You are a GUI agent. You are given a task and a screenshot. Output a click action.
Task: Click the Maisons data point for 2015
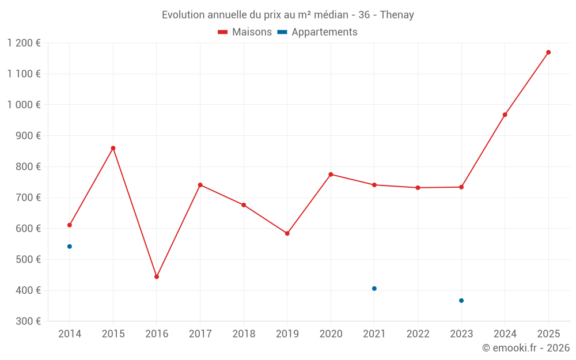(x=113, y=148)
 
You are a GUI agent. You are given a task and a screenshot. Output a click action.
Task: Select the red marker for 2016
(x=157, y=277)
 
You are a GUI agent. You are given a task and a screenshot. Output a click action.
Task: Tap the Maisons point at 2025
(x=548, y=52)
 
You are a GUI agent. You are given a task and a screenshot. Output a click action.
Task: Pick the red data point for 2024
(x=505, y=115)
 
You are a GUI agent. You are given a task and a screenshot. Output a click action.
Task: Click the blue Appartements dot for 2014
(x=70, y=247)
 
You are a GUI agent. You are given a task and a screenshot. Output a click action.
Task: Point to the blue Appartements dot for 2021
(x=374, y=289)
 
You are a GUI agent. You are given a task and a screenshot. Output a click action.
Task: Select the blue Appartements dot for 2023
(x=461, y=301)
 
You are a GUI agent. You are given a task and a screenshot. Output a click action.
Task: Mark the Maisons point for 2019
(x=287, y=234)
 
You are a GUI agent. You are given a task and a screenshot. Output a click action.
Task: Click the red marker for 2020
(x=331, y=175)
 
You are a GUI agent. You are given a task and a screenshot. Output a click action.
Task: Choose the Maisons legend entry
(x=245, y=32)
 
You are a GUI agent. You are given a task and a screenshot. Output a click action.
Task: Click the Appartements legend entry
(x=317, y=32)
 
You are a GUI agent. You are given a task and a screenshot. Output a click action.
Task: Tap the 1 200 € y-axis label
(x=24, y=43)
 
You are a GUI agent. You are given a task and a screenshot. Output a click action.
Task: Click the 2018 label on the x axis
(x=244, y=334)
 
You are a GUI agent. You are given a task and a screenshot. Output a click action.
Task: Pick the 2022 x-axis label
(x=418, y=334)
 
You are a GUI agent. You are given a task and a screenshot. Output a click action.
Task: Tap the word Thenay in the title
(x=398, y=15)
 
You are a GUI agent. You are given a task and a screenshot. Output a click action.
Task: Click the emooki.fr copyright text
(x=526, y=348)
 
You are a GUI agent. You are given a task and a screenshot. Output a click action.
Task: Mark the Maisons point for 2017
(x=200, y=185)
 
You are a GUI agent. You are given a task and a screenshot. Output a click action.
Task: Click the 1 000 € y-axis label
(x=24, y=105)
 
